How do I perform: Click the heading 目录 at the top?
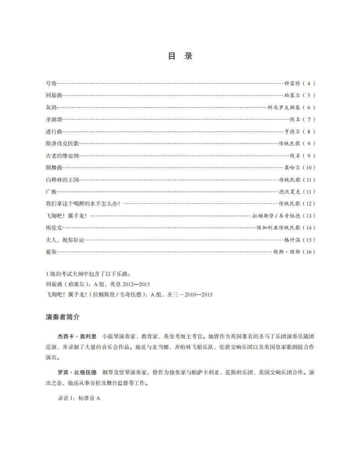[180, 56]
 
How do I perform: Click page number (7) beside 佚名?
[309, 120]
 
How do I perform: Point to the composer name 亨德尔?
[293, 132]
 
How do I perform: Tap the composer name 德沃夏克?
[290, 192]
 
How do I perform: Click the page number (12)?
[308, 204]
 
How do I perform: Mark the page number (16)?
[308, 252]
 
